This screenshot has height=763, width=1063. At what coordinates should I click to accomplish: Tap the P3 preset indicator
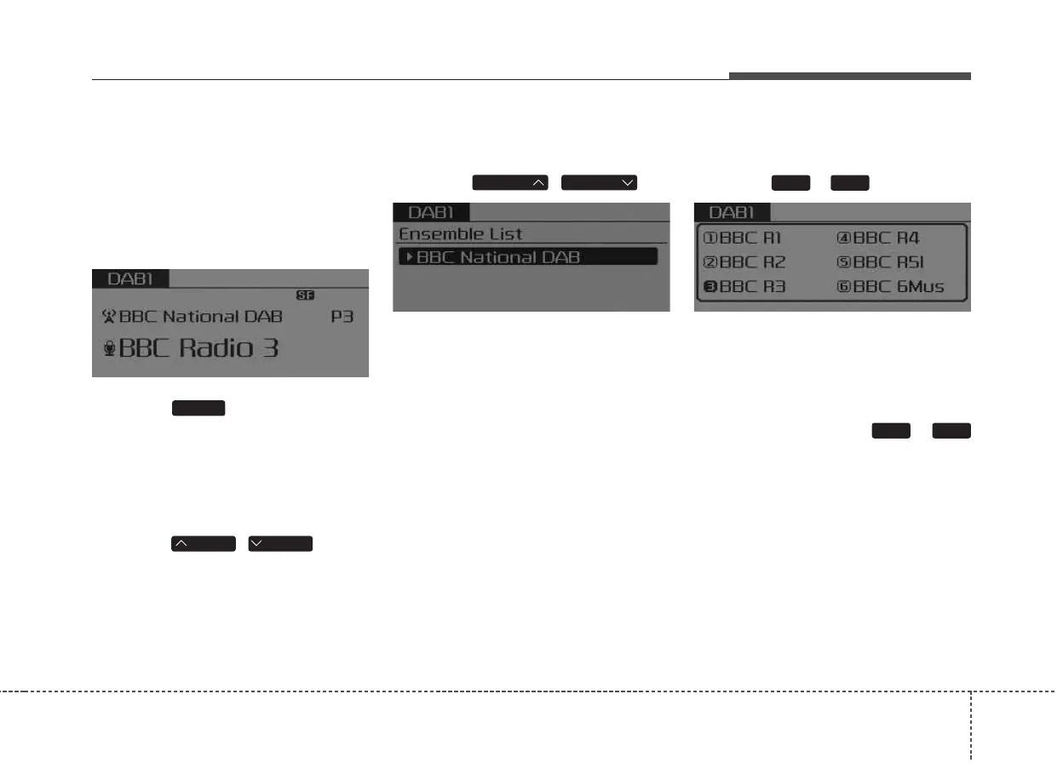coord(342,317)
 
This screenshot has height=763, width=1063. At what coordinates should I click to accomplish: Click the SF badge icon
coord(305,295)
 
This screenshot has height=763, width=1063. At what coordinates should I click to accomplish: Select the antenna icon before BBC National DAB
coord(108,317)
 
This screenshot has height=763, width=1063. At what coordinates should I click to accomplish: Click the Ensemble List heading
coord(461,233)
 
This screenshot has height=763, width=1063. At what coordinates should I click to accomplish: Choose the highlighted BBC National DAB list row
coord(528,256)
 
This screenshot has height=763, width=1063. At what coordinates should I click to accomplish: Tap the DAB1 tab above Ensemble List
coord(431,213)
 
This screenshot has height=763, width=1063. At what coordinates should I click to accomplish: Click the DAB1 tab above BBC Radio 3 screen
coord(130,278)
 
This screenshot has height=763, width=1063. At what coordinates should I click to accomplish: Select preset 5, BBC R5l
coord(881,262)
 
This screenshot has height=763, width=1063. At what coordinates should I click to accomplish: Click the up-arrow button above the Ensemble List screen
coord(510,182)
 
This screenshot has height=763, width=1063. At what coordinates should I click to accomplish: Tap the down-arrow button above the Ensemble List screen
coord(600,182)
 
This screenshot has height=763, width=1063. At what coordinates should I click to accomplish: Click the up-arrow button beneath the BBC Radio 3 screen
coord(204,543)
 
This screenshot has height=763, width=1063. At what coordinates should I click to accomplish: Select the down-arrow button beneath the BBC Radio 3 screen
coord(280,543)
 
